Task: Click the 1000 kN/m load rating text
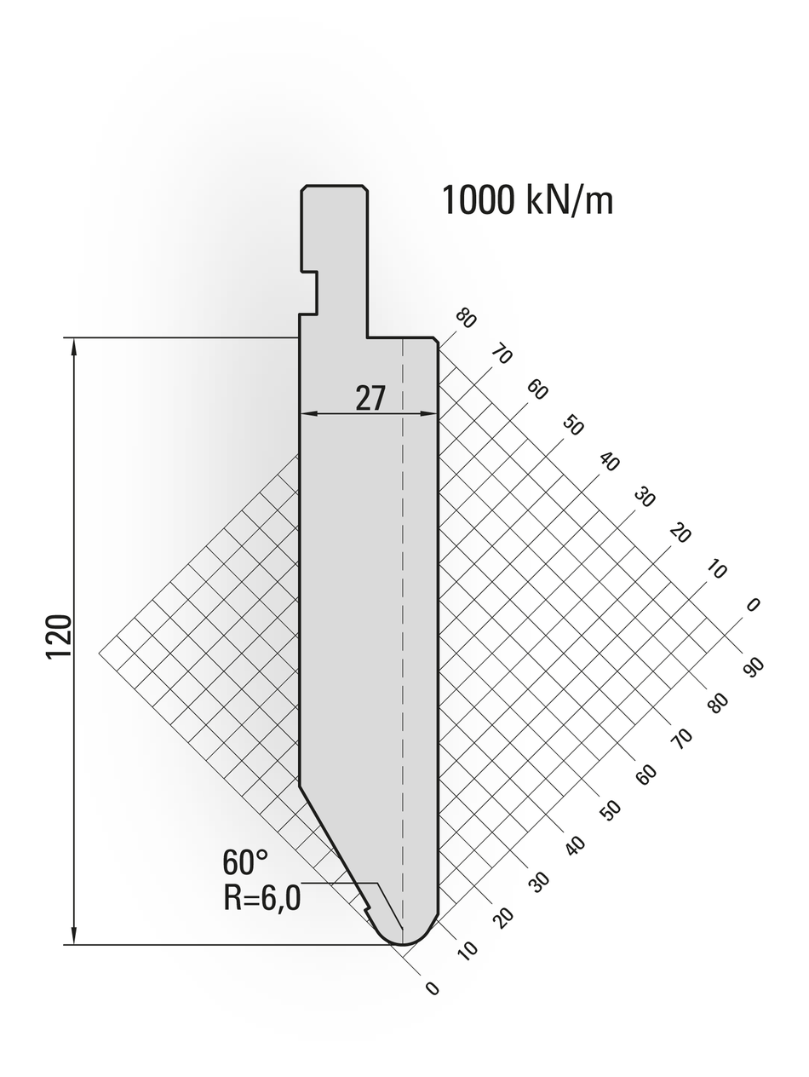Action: (x=526, y=201)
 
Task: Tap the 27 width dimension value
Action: (x=370, y=399)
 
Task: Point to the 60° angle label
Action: (x=245, y=863)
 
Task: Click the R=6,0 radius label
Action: (x=261, y=898)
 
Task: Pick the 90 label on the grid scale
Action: (x=752, y=667)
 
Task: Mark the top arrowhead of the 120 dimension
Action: (x=74, y=346)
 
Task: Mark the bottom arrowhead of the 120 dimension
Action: (x=74, y=936)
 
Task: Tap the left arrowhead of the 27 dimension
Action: (x=307, y=414)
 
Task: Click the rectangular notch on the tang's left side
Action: (x=309, y=293)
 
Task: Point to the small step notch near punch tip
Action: (x=368, y=911)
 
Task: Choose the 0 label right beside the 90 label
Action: (x=752, y=605)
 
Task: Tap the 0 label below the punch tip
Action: (x=433, y=988)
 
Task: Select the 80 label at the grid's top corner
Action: (x=466, y=319)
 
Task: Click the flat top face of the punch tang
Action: (x=335, y=186)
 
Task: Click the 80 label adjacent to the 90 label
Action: (x=717, y=703)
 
